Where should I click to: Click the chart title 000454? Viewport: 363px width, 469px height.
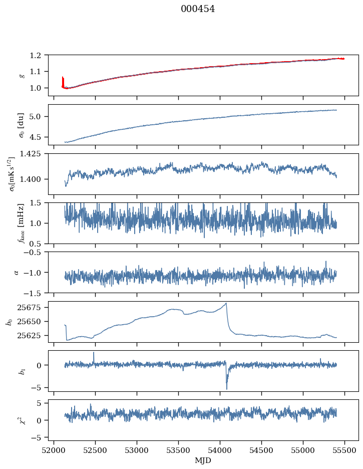[x=198, y=9]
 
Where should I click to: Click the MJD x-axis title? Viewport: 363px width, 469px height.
[x=203, y=460]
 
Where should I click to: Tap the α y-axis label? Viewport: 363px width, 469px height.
[x=16, y=272]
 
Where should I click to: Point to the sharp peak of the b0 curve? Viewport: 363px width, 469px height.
[x=226, y=303]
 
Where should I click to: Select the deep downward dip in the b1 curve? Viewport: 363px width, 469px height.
[x=226, y=388]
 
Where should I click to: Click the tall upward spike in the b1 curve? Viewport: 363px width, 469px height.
[x=93, y=353]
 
